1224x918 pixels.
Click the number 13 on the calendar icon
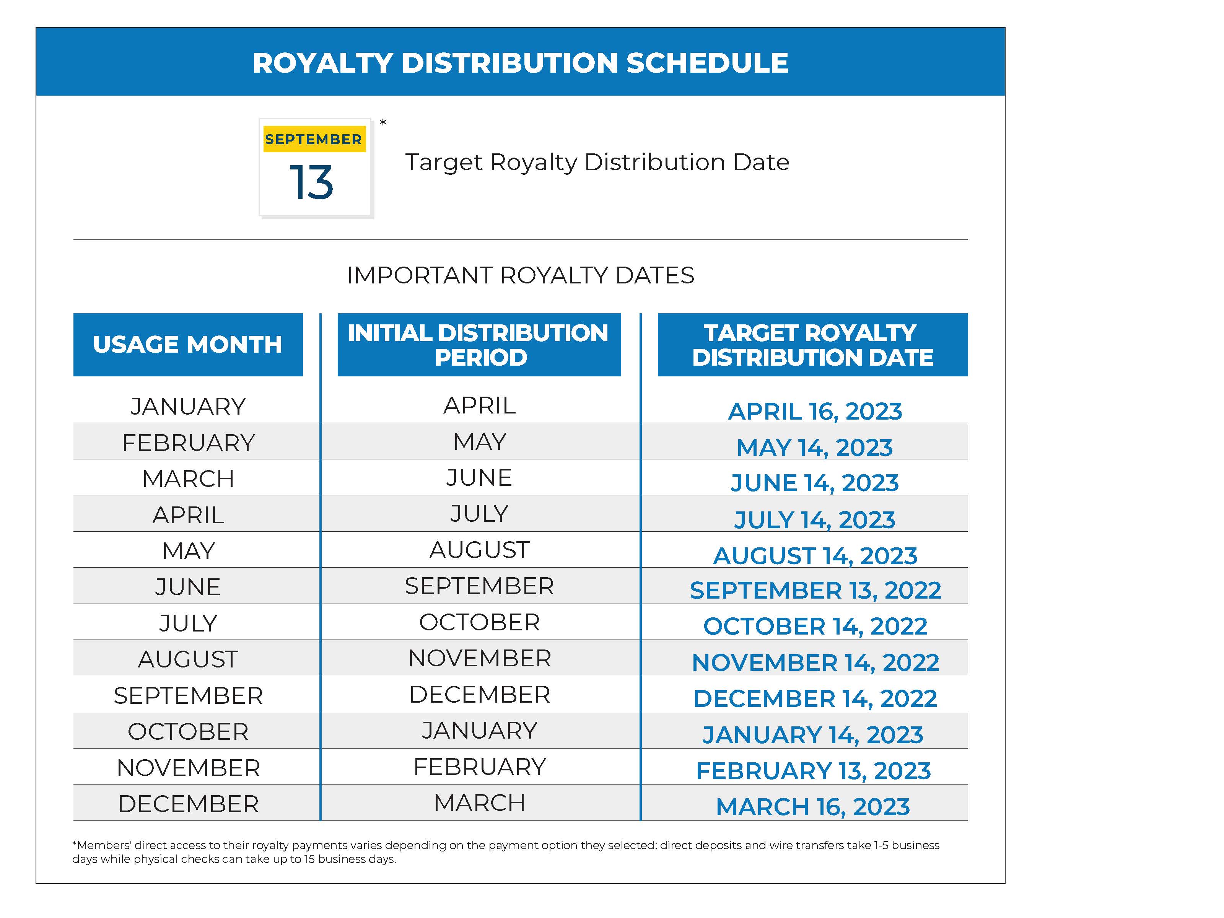pos(311,182)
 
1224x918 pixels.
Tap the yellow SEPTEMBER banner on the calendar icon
pos(313,140)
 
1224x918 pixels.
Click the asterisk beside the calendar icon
pos(382,123)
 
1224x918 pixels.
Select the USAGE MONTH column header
pos(187,345)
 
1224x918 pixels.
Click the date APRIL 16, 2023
pos(814,411)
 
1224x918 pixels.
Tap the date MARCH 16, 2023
pos(812,807)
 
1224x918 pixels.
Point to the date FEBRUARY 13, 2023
pos(813,771)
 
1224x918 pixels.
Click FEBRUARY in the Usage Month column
pos(188,443)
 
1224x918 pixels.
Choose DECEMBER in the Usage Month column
pos(188,804)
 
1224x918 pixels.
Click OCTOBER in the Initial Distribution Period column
pos(479,622)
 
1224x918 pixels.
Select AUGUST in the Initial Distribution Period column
pos(479,550)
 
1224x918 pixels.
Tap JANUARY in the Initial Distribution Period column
pos(479,731)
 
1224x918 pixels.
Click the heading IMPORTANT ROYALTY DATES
pos(520,275)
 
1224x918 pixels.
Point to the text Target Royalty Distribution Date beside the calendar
pos(596,162)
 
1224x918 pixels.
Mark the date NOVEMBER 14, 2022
pos(815,662)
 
